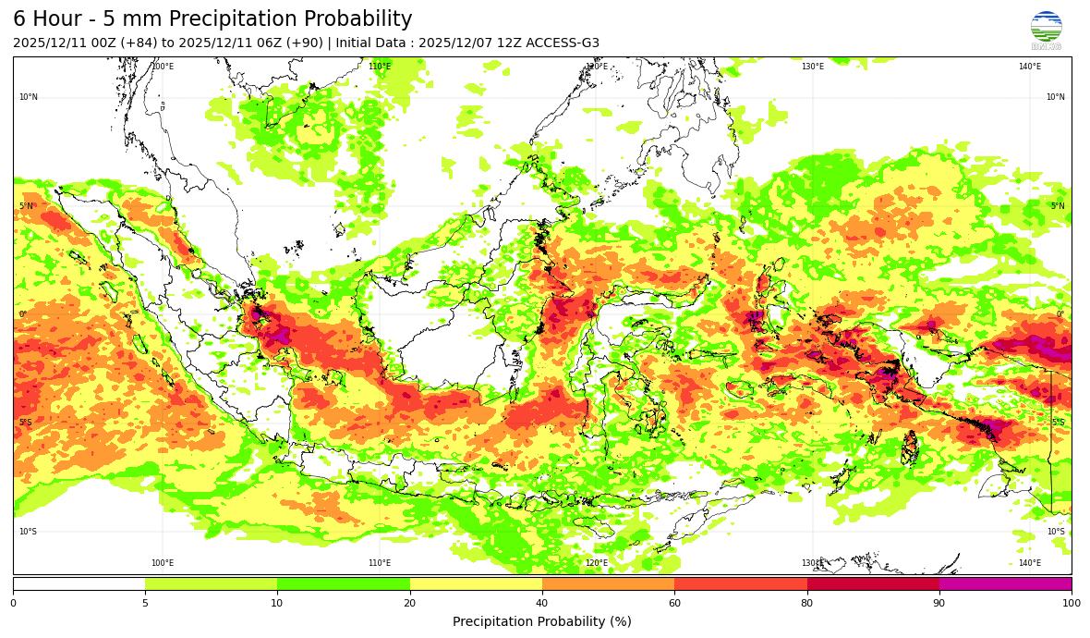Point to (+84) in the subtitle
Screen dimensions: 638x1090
coord(139,43)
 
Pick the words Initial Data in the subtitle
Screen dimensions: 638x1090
coord(375,43)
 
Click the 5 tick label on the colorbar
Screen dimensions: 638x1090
coord(145,604)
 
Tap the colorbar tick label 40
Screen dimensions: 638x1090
coord(542,604)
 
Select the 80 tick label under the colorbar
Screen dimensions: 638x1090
coord(807,604)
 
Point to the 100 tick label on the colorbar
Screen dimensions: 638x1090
coord(1071,604)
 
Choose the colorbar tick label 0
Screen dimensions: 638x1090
coord(13,604)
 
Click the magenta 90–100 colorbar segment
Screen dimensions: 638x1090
coord(1005,583)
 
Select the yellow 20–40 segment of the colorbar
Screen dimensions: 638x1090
coord(476,583)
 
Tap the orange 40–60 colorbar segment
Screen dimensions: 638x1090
coord(608,583)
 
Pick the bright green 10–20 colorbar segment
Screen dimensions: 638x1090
coord(344,583)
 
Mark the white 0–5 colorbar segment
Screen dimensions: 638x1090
coord(79,583)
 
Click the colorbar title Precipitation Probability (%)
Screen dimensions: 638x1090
coord(542,621)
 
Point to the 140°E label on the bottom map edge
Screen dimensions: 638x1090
coord(1029,563)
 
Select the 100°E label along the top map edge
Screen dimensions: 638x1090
coord(163,67)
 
